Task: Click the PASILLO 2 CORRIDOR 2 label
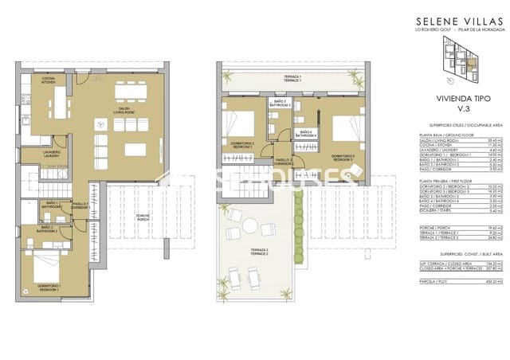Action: (x=284, y=162)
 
